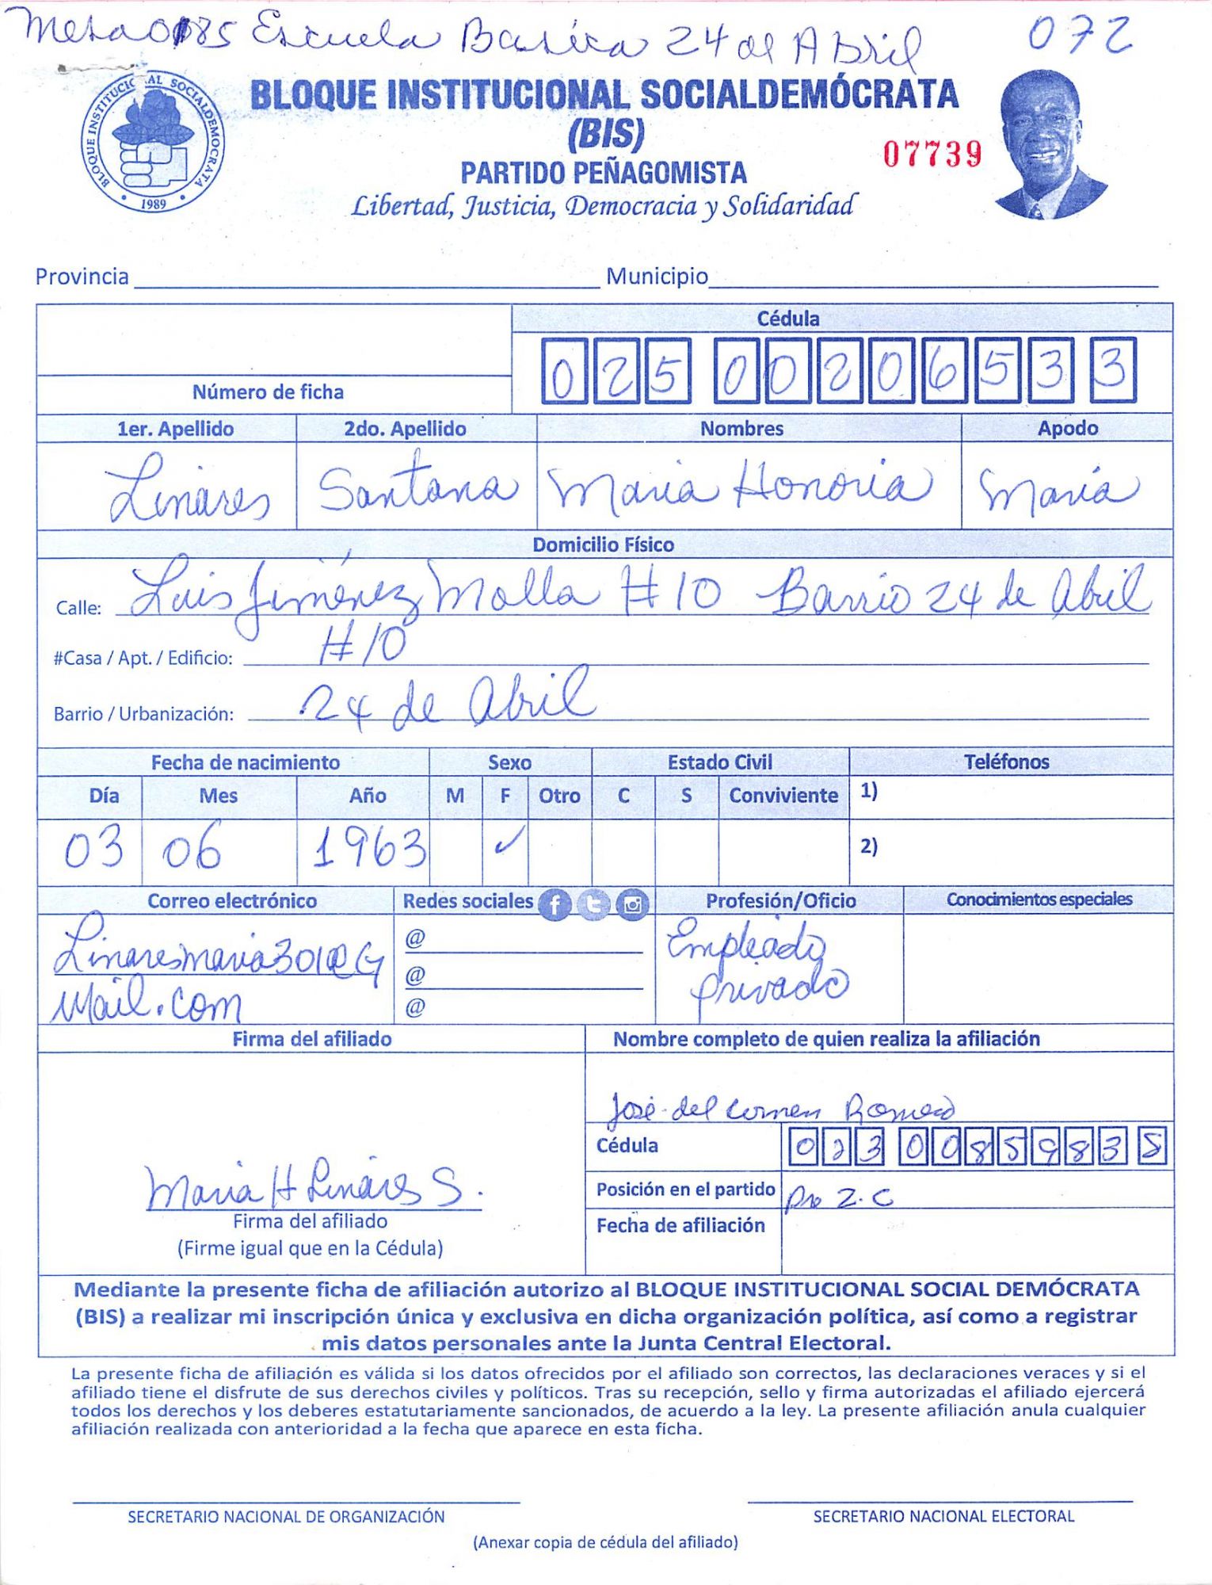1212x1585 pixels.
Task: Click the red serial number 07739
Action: pos(932,154)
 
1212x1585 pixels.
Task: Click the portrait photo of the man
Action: pos(1047,147)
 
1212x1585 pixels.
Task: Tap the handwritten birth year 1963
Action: pos(368,848)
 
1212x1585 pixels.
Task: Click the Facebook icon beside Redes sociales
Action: pos(555,904)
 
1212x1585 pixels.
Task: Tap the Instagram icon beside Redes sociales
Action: pos(632,904)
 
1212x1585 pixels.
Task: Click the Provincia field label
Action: pos(82,277)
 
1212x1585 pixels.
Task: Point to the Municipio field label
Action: pos(657,277)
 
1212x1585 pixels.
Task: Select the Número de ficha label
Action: pos(268,392)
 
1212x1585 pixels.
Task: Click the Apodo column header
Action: pos(1067,429)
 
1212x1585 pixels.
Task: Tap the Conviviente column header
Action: pos(783,796)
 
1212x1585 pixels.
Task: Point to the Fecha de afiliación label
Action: pos(680,1226)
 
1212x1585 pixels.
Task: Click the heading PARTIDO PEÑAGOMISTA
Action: pos(604,173)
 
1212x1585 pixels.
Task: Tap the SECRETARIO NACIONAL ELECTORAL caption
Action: pos(943,1516)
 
